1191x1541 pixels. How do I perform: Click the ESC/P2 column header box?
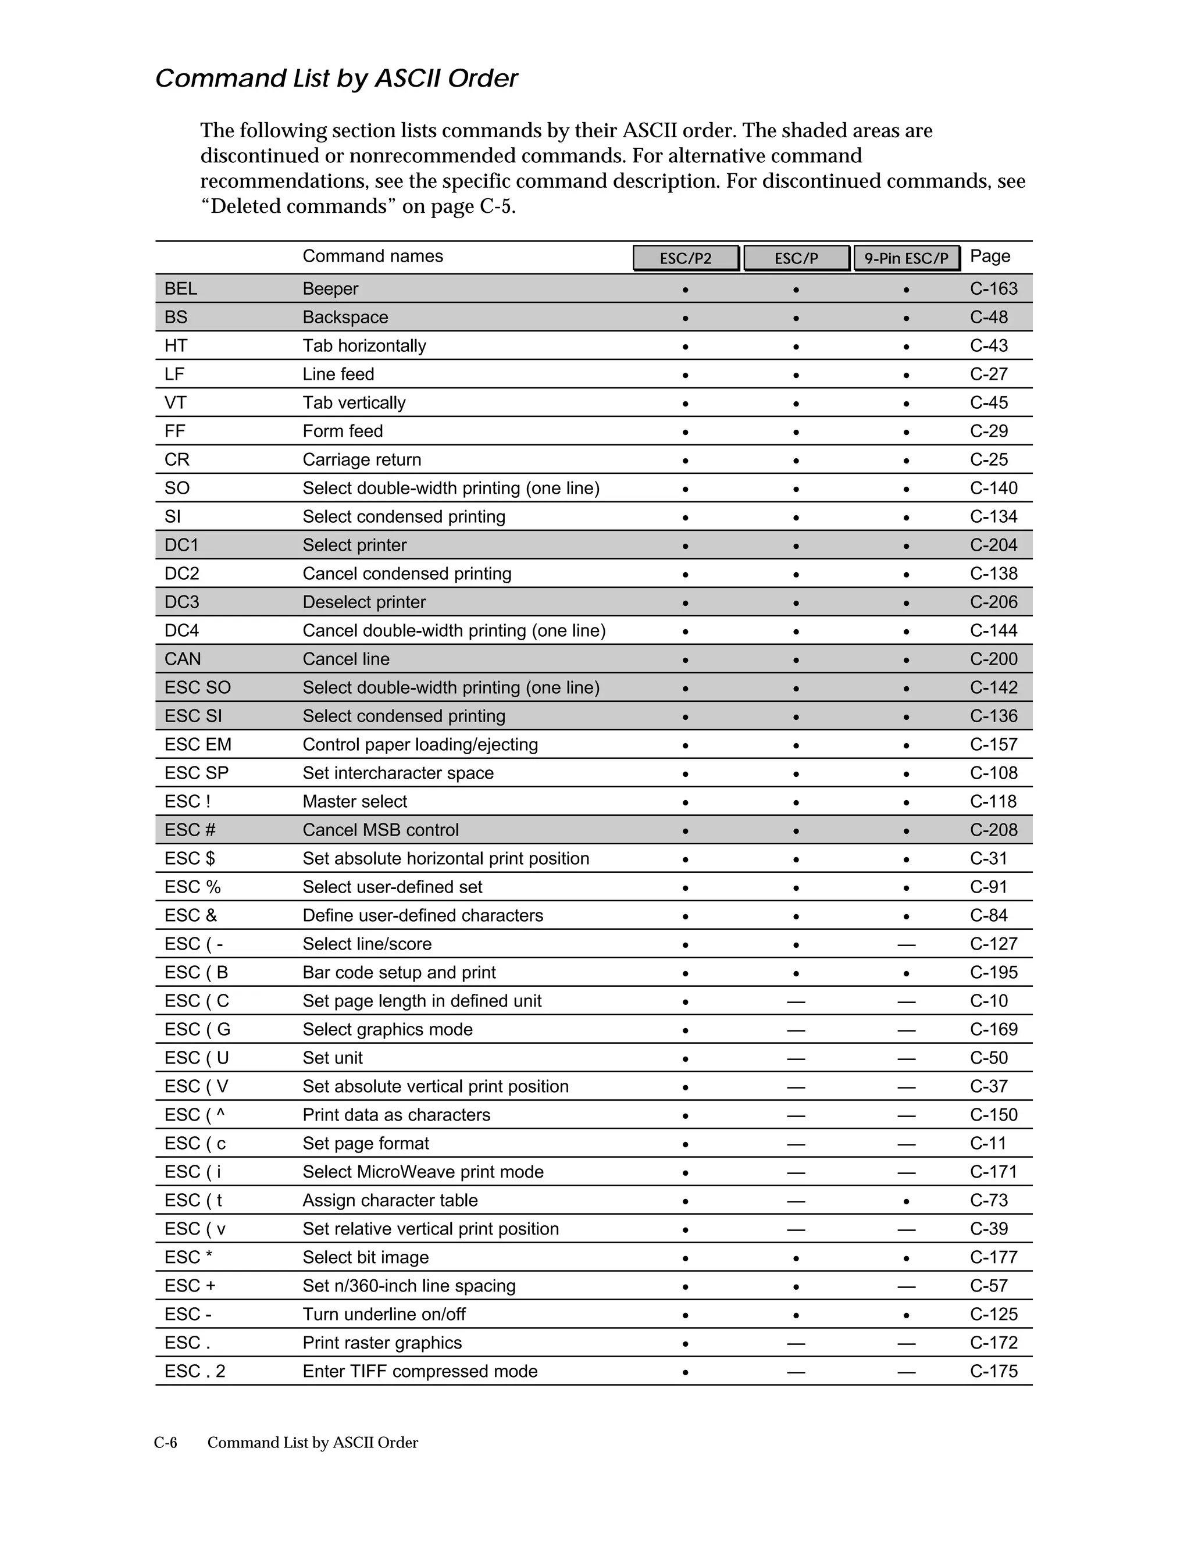click(x=685, y=258)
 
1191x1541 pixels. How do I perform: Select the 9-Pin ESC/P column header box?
click(x=907, y=258)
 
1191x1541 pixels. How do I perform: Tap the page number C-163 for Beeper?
click(x=993, y=288)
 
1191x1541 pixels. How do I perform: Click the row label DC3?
click(x=181, y=602)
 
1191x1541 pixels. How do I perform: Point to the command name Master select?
click(x=354, y=801)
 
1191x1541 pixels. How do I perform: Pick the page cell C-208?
click(x=993, y=830)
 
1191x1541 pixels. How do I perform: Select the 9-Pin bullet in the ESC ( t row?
click(x=907, y=1201)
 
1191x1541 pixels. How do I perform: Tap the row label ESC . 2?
click(x=195, y=1371)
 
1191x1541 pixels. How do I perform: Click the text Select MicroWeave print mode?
click(x=423, y=1172)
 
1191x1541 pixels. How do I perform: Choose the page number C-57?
click(x=989, y=1286)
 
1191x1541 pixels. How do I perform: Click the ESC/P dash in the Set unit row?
click(x=796, y=1058)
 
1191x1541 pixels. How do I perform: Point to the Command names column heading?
click(x=373, y=256)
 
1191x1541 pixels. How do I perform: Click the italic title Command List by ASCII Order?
click(x=336, y=79)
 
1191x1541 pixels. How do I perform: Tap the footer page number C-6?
click(x=165, y=1442)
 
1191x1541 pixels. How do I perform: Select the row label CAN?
click(x=182, y=659)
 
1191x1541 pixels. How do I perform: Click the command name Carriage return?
click(x=361, y=459)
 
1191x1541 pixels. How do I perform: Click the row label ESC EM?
click(x=198, y=744)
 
